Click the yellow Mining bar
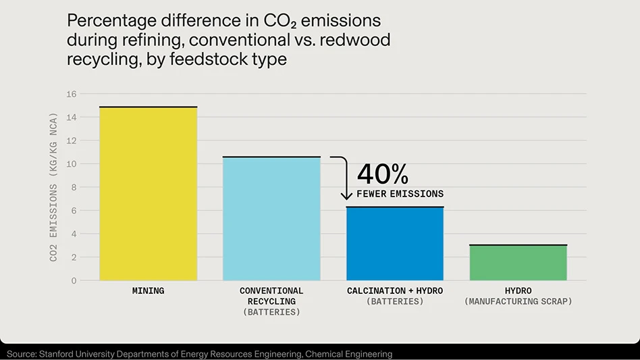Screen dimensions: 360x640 point(148,194)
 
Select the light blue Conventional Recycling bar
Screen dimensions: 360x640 point(271,219)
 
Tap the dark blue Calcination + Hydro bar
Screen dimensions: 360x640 point(395,244)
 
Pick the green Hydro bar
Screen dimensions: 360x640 point(518,263)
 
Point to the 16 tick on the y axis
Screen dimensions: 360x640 point(72,94)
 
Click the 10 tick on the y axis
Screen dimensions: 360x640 point(72,164)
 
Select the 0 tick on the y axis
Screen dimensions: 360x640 point(74,280)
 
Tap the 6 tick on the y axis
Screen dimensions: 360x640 point(74,211)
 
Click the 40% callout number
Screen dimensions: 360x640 point(383,174)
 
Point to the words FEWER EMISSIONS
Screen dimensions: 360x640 point(400,194)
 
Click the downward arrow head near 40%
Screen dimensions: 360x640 point(346,197)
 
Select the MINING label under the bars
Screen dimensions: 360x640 point(148,291)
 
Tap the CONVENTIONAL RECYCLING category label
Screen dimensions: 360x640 point(271,296)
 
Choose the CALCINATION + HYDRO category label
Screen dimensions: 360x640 point(395,291)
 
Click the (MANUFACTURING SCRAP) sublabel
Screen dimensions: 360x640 point(518,301)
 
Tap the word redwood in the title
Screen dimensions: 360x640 point(356,40)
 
